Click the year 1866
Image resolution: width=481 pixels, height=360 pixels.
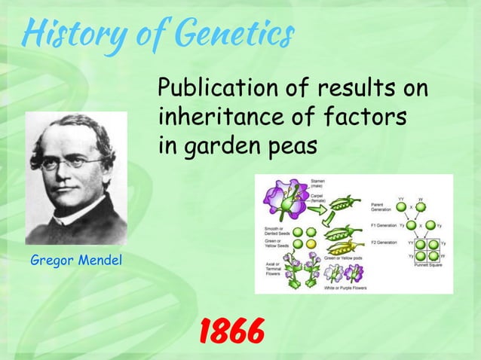tap(231, 329)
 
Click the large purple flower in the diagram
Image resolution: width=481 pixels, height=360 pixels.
tap(282, 201)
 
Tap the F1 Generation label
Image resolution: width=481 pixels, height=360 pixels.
tap(384, 224)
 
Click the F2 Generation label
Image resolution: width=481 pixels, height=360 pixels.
tap(384, 243)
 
